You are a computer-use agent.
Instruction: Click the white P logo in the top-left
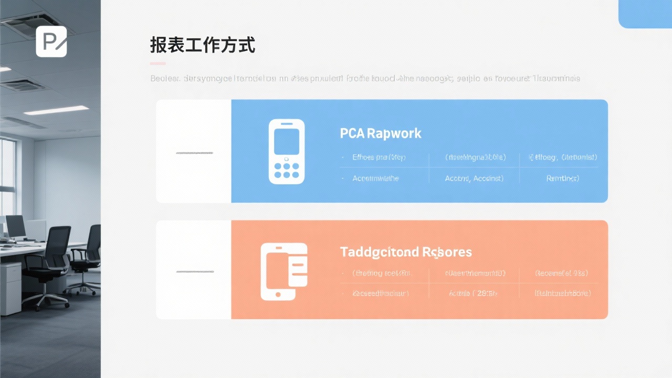pyautogui.click(x=51, y=41)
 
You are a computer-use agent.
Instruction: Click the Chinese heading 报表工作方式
pyautogui.click(x=203, y=46)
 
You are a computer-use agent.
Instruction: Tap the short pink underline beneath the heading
pyautogui.click(x=157, y=64)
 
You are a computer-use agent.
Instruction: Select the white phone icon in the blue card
pyautogui.click(x=286, y=151)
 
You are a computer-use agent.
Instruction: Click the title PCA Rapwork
pyautogui.click(x=381, y=133)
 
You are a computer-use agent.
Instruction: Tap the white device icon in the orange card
pyautogui.click(x=284, y=272)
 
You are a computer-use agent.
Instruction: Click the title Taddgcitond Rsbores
pyautogui.click(x=406, y=252)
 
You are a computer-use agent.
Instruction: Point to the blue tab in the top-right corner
pyautogui.click(x=645, y=14)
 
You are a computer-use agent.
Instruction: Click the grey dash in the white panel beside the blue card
pyautogui.click(x=195, y=153)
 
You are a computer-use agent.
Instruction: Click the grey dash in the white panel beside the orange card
pyautogui.click(x=195, y=272)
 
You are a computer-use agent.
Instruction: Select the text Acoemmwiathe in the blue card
pyautogui.click(x=376, y=178)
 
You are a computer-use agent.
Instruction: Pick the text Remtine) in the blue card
pyautogui.click(x=563, y=178)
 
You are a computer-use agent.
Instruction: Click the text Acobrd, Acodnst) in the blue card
pyautogui.click(x=474, y=178)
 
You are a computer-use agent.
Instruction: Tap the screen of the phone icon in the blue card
pyautogui.click(x=287, y=141)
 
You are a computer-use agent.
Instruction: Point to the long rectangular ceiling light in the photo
pyautogui.click(x=57, y=110)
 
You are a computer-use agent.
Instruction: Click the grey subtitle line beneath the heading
pyautogui.click(x=365, y=79)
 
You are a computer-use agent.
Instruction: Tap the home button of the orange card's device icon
pyautogui.click(x=278, y=296)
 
